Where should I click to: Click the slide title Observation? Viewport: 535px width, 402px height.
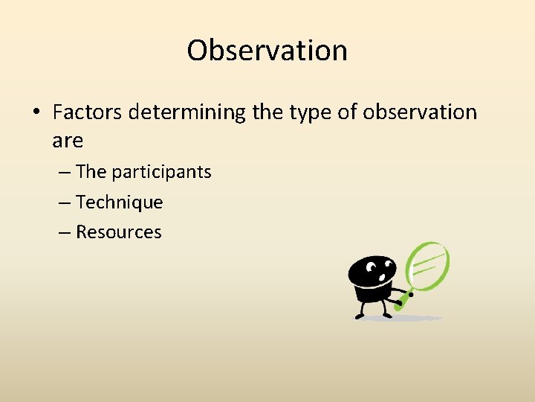(x=267, y=51)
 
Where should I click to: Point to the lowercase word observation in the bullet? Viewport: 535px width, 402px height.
(x=419, y=112)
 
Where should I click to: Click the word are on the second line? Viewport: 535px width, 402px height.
(x=68, y=140)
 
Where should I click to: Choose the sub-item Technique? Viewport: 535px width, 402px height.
(x=119, y=202)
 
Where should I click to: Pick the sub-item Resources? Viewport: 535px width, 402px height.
(x=118, y=232)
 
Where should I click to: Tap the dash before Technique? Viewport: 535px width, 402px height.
(x=64, y=202)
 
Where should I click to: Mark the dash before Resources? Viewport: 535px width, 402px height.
(x=64, y=232)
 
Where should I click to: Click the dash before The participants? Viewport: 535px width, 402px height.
(x=64, y=172)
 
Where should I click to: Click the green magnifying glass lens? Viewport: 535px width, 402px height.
(x=430, y=266)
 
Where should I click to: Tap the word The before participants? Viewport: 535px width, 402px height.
(x=91, y=172)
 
